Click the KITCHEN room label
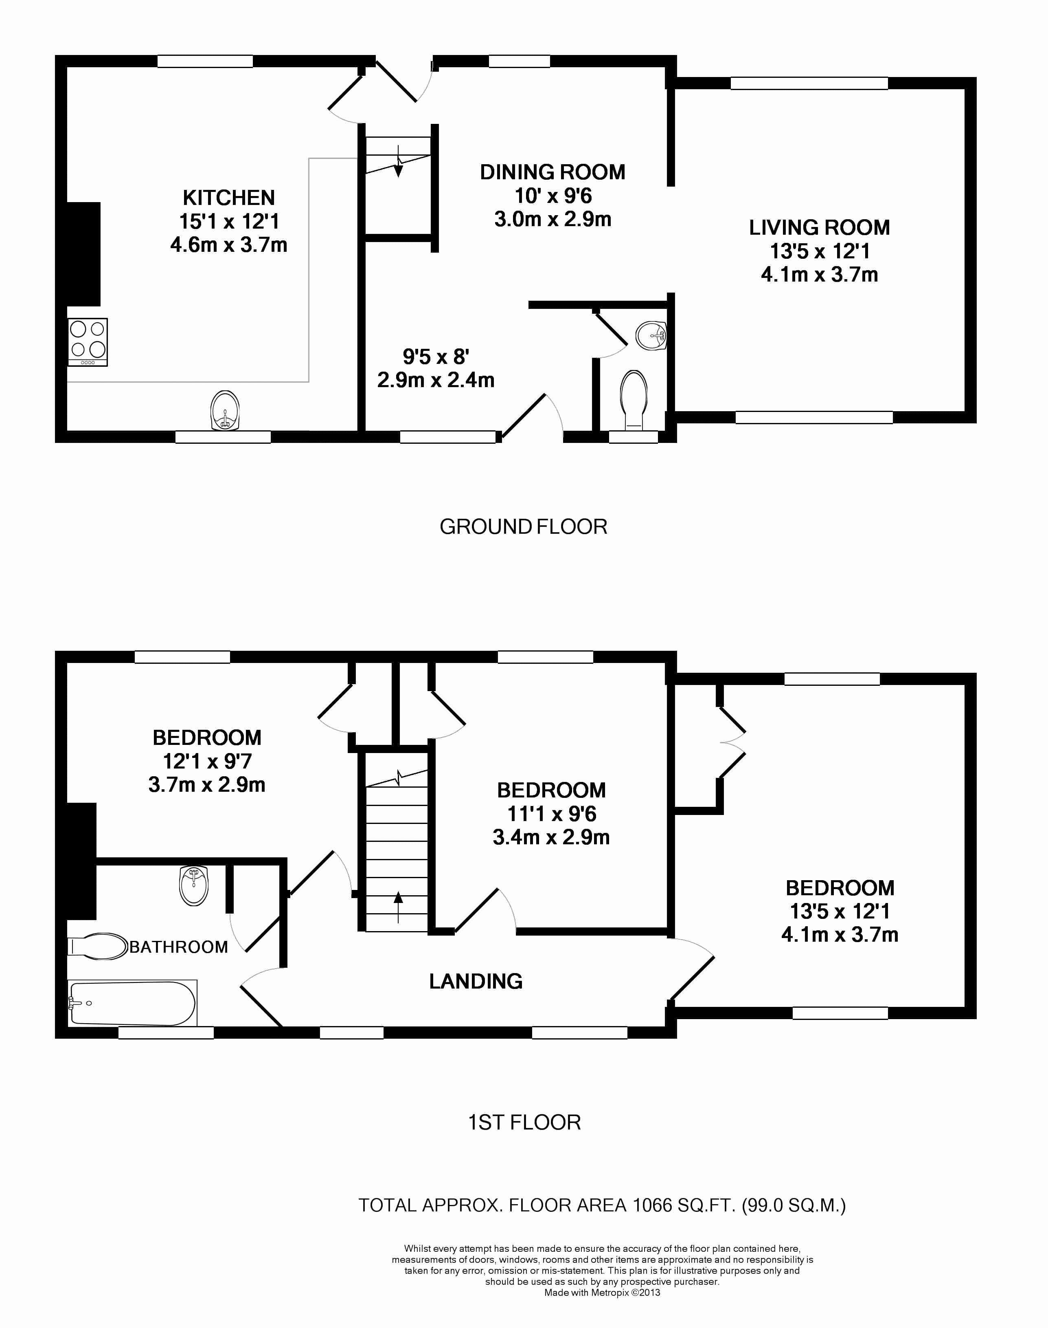coord(228,198)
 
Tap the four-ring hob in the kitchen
coord(88,342)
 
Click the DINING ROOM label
coord(552,172)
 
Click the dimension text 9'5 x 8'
coord(436,356)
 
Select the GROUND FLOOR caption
coord(523,527)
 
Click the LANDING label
coord(476,981)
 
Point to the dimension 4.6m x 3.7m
coord(228,245)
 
